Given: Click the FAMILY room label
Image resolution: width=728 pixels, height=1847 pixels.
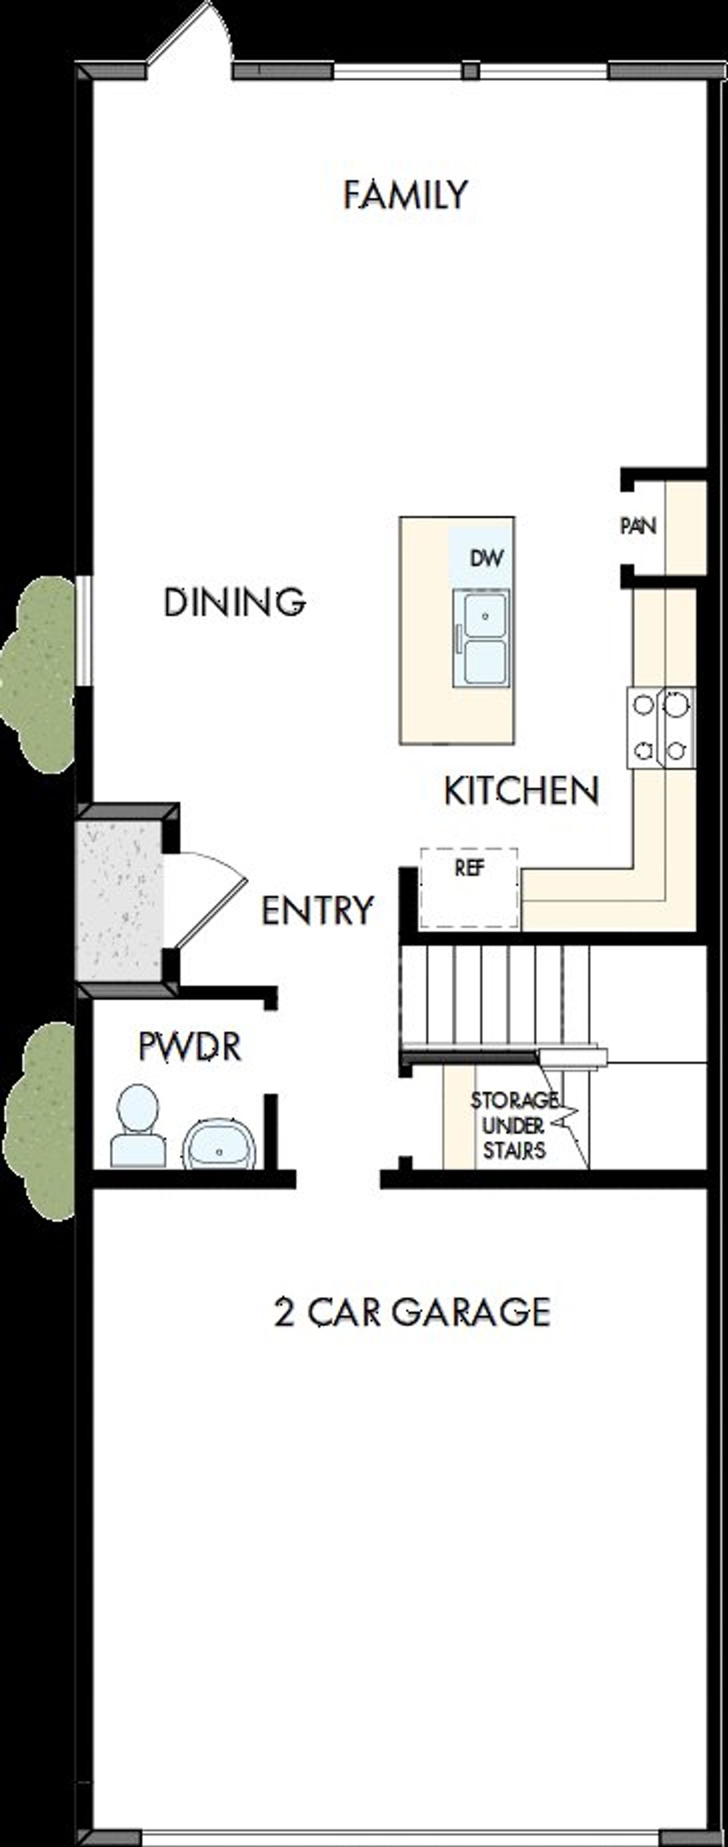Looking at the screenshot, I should click(x=406, y=195).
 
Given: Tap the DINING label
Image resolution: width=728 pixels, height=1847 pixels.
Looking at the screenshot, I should click(x=234, y=601).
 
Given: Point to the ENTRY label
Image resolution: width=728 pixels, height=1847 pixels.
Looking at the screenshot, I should click(x=317, y=911).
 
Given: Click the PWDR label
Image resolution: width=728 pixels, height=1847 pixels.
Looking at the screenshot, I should click(x=189, y=1047).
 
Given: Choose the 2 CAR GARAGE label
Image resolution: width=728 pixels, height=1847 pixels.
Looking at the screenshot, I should click(x=412, y=1311).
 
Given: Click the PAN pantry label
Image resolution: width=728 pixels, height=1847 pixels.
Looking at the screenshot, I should click(x=638, y=526).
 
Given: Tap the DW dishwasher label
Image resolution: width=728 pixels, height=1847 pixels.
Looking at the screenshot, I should click(x=486, y=557).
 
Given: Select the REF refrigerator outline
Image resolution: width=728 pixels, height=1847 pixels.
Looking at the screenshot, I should click(x=469, y=887).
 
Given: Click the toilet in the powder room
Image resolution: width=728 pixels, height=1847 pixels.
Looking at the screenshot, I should click(x=138, y=1125).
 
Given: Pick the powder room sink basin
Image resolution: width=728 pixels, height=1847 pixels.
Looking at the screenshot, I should click(x=220, y=1145).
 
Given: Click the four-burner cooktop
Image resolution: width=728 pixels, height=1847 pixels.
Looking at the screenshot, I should click(x=660, y=728).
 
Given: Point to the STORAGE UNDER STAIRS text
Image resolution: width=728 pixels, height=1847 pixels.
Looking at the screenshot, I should click(x=514, y=1125).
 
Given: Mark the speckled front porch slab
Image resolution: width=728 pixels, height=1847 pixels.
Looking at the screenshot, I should click(x=119, y=900).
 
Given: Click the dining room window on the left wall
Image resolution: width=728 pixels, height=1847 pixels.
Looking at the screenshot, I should click(x=85, y=630).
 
